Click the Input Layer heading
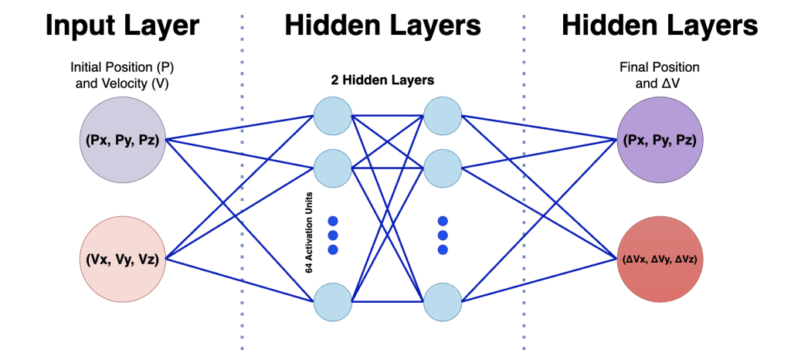[122, 25]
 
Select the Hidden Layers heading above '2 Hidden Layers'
[382, 25]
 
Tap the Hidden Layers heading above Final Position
[659, 25]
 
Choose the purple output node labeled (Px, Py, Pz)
[659, 140]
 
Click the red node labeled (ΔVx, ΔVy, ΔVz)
[659, 260]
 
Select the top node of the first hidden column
[333, 117]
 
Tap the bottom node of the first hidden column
[333, 301]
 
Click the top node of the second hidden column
[443, 117]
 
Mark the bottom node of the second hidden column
[443, 301]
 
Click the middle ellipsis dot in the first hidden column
[334, 235]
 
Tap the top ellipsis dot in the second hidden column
[443, 220]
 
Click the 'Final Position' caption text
[659, 66]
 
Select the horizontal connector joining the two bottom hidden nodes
[388, 301]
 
